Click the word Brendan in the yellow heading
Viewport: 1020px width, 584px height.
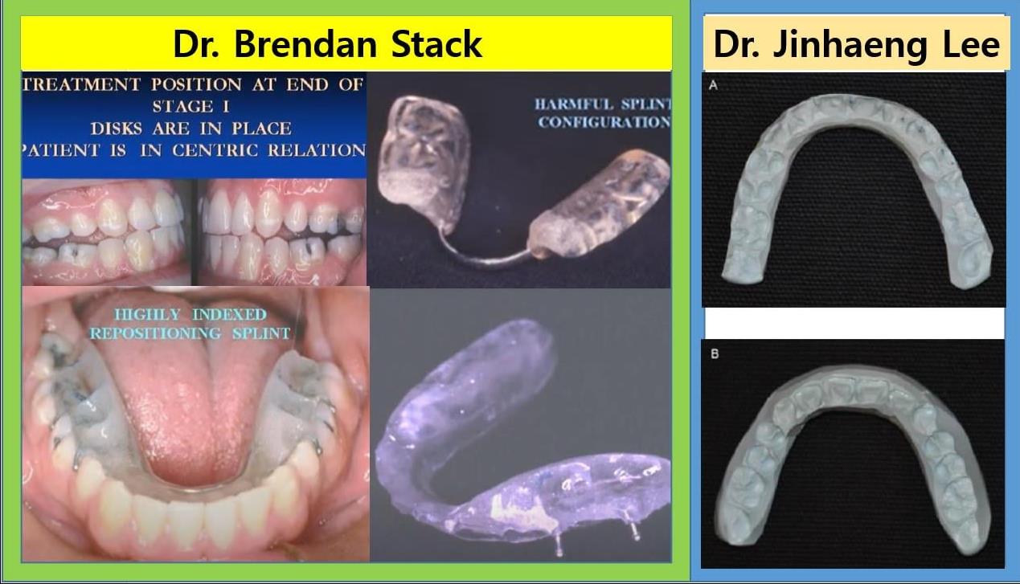pyautogui.click(x=305, y=44)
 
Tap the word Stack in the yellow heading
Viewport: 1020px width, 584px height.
pyautogui.click(x=436, y=44)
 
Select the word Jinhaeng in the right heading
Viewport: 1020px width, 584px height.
pyautogui.click(x=850, y=45)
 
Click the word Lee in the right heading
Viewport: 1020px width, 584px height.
pyautogui.click(x=971, y=44)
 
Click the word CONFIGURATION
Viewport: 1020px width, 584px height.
pyautogui.click(x=604, y=122)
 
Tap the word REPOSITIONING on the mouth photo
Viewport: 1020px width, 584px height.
pyautogui.click(x=156, y=333)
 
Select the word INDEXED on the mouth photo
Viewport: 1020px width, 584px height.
pyautogui.click(x=229, y=314)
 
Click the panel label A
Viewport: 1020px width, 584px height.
pyautogui.click(x=713, y=84)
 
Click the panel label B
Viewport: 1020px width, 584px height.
pyautogui.click(x=715, y=353)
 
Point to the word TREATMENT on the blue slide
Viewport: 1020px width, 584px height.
pyautogui.click(x=81, y=84)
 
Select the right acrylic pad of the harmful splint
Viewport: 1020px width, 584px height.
pyautogui.click(x=600, y=206)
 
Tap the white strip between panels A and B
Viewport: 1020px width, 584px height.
pyautogui.click(x=854, y=323)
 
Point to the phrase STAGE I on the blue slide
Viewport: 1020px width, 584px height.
pyautogui.click(x=190, y=107)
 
